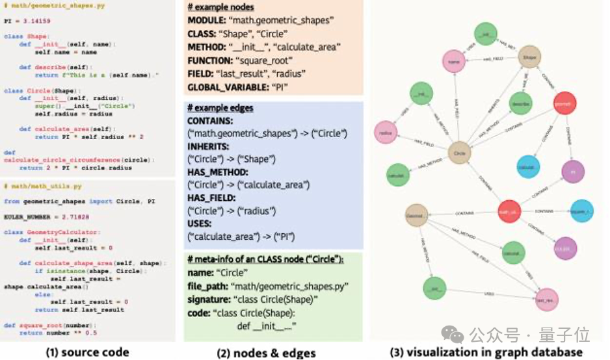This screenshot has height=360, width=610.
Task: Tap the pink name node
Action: tap(457, 61)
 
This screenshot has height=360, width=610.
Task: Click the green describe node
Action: tap(520, 103)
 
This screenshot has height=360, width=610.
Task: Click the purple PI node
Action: tap(573, 172)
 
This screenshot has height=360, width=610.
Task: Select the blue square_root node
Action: tap(581, 211)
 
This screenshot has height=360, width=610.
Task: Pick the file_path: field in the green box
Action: tap(208, 285)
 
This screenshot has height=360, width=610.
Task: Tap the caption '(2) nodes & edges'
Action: tap(266, 353)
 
